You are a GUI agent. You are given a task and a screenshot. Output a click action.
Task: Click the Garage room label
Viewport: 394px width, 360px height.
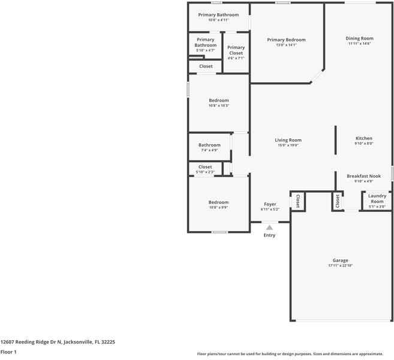point(340,260)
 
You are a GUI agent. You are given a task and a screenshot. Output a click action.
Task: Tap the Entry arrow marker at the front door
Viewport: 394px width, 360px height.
point(269,227)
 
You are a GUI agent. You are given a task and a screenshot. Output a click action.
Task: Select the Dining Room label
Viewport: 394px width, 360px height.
point(359,38)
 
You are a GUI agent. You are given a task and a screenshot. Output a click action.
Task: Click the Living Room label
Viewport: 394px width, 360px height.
point(288,140)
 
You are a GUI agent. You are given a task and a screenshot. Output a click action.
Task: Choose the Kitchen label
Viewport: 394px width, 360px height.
point(363,139)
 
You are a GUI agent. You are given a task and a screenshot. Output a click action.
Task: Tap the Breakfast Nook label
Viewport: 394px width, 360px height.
point(363,176)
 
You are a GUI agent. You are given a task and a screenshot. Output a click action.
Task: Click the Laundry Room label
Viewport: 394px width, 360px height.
point(377,199)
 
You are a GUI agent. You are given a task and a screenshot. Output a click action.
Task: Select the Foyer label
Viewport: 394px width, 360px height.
point(270,204)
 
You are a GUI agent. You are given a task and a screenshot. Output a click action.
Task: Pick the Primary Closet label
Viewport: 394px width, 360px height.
point(236,50)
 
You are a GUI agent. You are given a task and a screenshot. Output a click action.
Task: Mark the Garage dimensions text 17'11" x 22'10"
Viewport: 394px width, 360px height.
point(340,265)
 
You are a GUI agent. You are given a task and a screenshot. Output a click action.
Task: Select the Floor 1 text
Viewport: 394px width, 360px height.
point(8,352)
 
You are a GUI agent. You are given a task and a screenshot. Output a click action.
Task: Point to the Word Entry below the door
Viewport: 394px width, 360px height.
point(269,235)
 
